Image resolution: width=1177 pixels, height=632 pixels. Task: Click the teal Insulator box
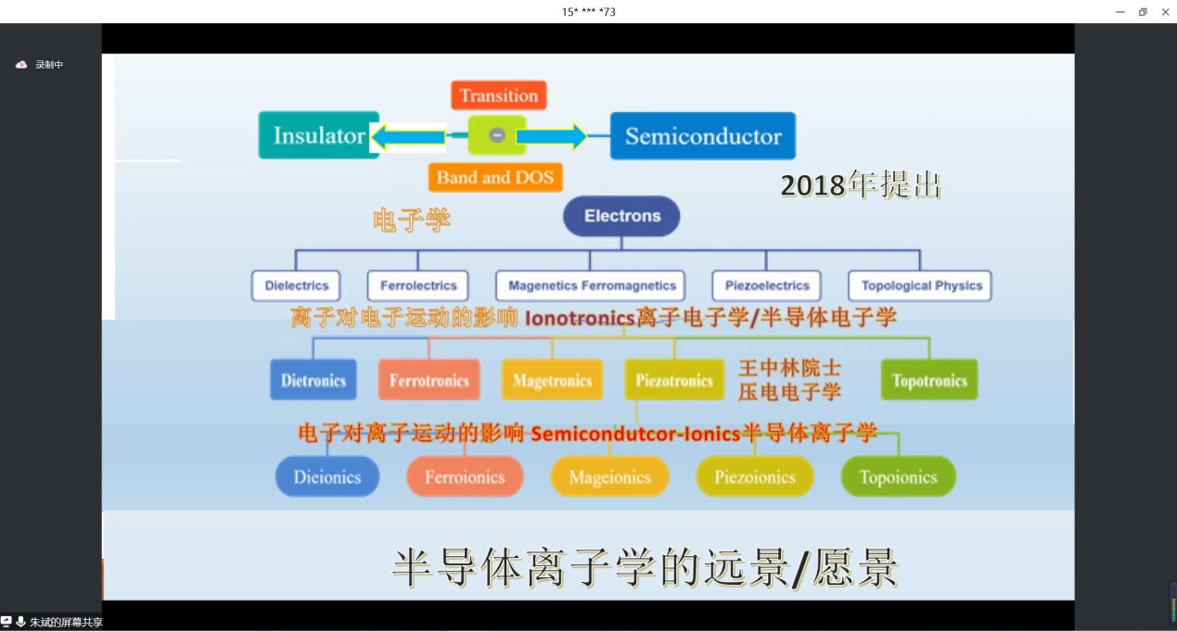tap(318, 135)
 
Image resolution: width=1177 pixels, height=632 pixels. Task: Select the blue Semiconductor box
tap(702, 136)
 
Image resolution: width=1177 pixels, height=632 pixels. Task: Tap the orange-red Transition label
tap(499, 95)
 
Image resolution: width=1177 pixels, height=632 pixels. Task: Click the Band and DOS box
tap(495, 177)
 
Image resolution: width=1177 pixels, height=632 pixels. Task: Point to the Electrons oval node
tap(621, 216)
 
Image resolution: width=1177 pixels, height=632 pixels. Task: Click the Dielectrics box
tap(296, 285)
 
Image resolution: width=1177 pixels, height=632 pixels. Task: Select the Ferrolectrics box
tap(417, 285)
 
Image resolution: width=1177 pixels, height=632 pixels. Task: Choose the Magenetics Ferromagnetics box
tap(591, 285)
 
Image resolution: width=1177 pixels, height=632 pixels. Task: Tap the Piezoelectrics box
tap(767, 285)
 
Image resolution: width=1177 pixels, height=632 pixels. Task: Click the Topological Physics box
tap(920, 285)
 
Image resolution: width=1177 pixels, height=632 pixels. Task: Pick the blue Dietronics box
tap(313, 380)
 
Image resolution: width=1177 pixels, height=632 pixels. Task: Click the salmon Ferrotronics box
tap(429, 380)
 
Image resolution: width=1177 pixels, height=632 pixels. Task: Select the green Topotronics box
tap(929, 380)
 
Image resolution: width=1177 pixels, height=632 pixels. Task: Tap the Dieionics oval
tap(327, 476)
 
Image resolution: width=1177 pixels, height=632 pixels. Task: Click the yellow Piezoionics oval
tap(755, 476)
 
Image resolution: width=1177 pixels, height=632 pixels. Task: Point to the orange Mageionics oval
tap(610, 476)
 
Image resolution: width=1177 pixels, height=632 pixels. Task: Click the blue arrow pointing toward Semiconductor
tap(552, 136)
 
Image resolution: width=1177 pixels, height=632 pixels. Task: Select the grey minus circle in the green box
tap(497, 135)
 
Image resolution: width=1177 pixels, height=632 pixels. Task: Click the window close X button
tap(1165, 11)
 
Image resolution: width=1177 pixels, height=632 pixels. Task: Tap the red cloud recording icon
tap(21, 65)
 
